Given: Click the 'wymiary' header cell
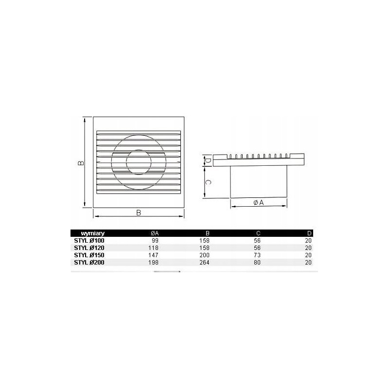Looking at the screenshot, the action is [92, 233].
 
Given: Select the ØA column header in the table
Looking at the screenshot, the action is [155, 233].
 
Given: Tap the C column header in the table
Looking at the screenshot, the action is [258, 233].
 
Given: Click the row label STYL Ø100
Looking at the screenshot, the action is [89, 240].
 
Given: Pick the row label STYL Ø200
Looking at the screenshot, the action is [89, 262].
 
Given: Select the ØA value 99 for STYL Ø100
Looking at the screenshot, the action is [155, 240].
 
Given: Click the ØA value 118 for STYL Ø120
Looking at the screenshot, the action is [153, 248].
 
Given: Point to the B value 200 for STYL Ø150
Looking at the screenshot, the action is [204, 255].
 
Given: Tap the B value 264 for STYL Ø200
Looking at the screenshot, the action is [204, 262].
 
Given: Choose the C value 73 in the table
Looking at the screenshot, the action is [257, 255].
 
